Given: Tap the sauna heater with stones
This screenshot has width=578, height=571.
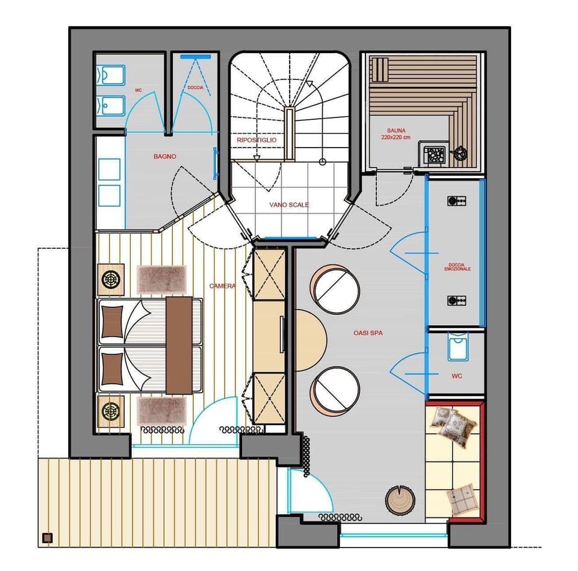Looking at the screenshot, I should click(434, 154).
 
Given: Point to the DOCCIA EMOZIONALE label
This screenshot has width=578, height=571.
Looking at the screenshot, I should click(458, 266).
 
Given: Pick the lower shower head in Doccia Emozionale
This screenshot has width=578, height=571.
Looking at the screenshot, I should click(455, 301).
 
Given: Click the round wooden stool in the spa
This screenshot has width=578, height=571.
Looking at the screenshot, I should click(400, 499).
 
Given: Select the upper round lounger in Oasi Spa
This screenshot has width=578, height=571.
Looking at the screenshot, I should click(335, 289).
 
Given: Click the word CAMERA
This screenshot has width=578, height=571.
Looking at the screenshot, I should click(222, 286).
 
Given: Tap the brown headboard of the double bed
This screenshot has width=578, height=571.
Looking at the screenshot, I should click(178, 345).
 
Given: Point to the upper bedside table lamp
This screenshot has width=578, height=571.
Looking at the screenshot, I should click(111, 279).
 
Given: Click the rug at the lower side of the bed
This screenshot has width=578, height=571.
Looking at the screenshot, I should click(162, 411).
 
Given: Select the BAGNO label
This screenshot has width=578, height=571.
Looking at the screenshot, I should click(164, 157).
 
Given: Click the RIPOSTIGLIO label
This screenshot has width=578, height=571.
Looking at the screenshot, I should click(256, 140).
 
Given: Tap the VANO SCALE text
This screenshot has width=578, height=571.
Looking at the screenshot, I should click(289, 205).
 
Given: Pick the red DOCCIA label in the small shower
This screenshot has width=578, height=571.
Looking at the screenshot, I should click(195, 88).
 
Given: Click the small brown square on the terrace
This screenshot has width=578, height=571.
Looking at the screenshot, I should click(48, 538).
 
